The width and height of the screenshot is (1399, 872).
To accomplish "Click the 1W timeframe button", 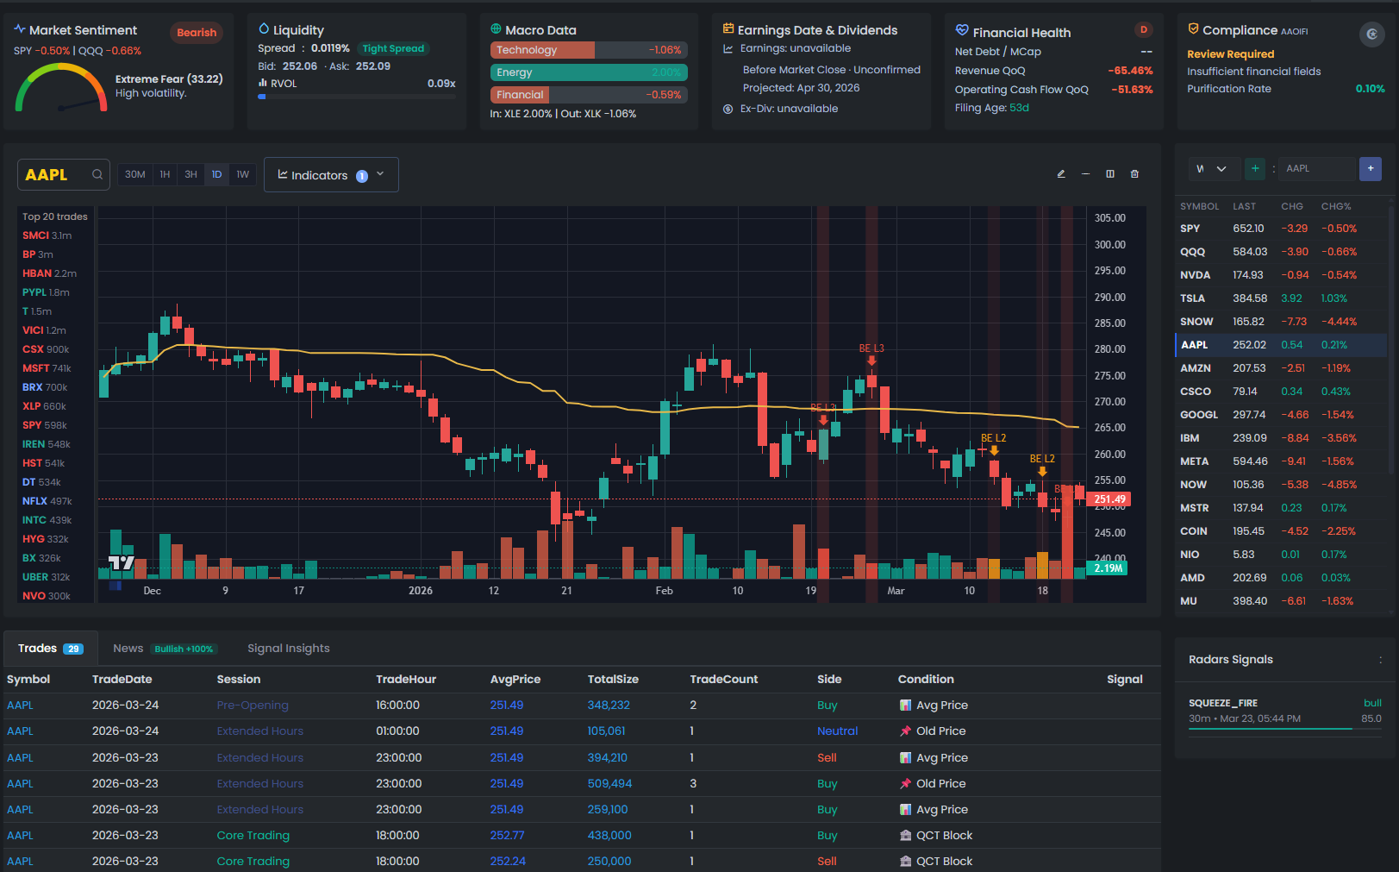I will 242,174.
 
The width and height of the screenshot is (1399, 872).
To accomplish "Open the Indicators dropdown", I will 331,175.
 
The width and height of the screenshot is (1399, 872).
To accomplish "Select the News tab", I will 128,649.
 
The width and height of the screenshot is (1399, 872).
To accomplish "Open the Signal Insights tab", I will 288,649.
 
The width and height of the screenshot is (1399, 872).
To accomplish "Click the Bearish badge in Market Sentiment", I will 197,33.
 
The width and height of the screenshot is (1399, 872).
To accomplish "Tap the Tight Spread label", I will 393,48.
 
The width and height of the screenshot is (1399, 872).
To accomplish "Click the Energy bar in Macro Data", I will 589,72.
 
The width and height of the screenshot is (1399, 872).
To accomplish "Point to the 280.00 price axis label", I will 1109,349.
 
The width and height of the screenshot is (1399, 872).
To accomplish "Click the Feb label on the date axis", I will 664,591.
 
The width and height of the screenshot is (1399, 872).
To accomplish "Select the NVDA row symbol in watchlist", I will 1195,275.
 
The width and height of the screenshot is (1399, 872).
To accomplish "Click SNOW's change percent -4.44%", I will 1339,322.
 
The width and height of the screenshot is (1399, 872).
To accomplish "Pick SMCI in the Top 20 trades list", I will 35,235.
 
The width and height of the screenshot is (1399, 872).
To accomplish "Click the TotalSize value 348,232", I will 609,706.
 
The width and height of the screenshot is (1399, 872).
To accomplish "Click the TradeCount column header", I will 723,680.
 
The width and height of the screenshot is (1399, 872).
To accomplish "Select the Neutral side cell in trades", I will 837,731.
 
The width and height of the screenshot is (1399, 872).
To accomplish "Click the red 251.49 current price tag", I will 1109,499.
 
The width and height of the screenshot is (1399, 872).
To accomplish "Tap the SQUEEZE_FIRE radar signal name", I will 1222,703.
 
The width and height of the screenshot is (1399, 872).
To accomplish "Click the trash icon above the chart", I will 1134,174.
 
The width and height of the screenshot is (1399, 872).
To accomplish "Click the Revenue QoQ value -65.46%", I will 1129,71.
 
